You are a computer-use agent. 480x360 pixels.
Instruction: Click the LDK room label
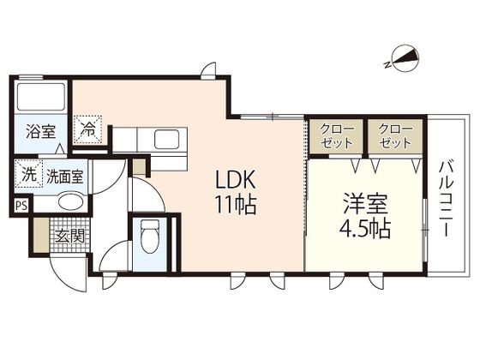pyautogui.click(x=236, y=180)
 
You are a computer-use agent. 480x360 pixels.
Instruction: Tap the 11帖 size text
pyautogui.click(x=236, y=204)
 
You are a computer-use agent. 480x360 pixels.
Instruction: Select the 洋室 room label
pyautogui.click(x=365, y=204)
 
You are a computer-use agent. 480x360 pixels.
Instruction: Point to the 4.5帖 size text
pyautogui.click(x=365, y=229)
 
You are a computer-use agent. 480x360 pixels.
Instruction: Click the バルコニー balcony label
pyautogui.click(x=447, y=199)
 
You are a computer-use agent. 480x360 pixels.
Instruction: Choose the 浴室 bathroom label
pyautogui.click(x=41, y=131)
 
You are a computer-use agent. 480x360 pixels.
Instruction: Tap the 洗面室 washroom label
pyautogui.click(x=65, y=177)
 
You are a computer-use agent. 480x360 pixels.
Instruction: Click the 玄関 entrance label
pyautogui.click(x=69, y=236)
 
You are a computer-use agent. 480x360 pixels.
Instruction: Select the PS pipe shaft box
pyautogui.click(x=21, y=206)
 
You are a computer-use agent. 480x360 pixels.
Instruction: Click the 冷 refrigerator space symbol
pyautogui.click(x=87, y=129)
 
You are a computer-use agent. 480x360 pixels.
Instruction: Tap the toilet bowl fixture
pyautogui.click(x=150, y=237)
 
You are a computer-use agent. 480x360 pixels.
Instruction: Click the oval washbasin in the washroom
pyautogui.click(x=70, y=202)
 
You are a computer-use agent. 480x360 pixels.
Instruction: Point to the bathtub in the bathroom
pyautogui.click(x=41, y=97)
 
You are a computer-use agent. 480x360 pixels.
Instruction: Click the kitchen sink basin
pyautogui.click(x=166, y=139)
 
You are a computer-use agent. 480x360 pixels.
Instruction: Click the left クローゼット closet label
pyautogui.click(x=337, y=136)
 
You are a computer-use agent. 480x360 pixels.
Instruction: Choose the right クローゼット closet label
pyautogui.click(x=395, y=136)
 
